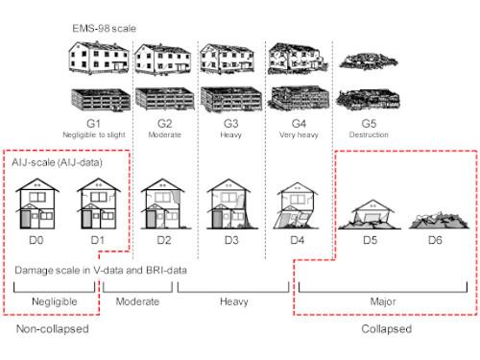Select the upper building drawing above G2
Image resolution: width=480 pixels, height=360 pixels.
[x=160, y=61]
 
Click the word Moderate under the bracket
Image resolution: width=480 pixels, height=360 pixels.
[x=137, y=301]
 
